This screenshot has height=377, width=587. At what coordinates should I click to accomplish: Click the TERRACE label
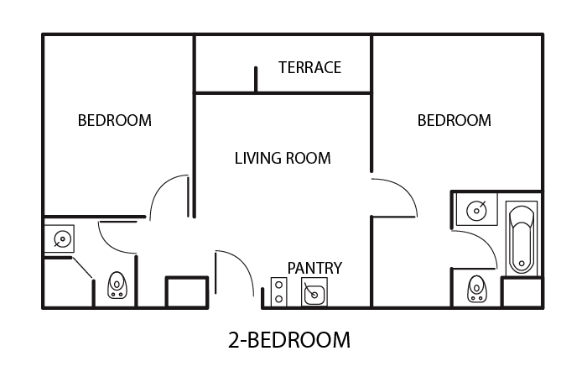pyautogui.click(x=309, y=67)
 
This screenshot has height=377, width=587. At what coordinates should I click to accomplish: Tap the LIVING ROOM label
pyautogui.click(x=283, y=158)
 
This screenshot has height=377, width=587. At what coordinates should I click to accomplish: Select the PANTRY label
pyautogui.click(x=314, y=268)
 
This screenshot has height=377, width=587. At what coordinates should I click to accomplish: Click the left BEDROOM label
pyautogui.click(x=115, y=120)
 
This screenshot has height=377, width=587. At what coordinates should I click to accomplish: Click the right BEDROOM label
pyautogui.click(x=455, y=120)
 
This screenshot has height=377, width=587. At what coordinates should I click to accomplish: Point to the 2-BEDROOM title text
pyautogui.click(x=289, y=340)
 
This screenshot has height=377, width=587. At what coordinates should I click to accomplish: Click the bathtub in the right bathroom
pyautogui.click(x=522, y=238)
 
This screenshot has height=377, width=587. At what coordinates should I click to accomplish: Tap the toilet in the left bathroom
pyautogui.click(x=117, y=285)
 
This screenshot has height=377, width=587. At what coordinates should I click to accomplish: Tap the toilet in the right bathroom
pyautogui.click(x=476, y=289)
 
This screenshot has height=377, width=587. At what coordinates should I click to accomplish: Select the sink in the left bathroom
pyautogui.click(x=62, y=238)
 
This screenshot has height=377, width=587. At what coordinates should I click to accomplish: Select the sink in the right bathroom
pyautogui.click(x=476, y=210)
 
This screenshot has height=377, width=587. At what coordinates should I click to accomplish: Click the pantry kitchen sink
pyautogui.click(x=314, y=292)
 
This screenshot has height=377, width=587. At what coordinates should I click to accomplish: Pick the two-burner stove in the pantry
pyautogui.click(x=278, y=292)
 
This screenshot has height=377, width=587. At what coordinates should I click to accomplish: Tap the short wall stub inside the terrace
pyautogui.click(x=256, y=79)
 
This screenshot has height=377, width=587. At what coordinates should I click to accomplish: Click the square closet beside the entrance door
pyautogui.click(x=187, y=292)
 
